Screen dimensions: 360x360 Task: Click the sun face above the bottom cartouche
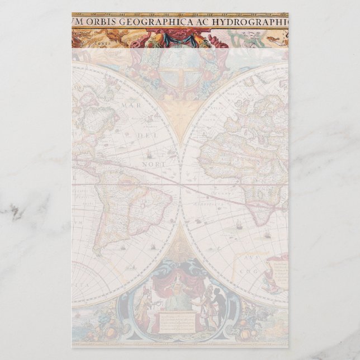(x=179, y=245)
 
